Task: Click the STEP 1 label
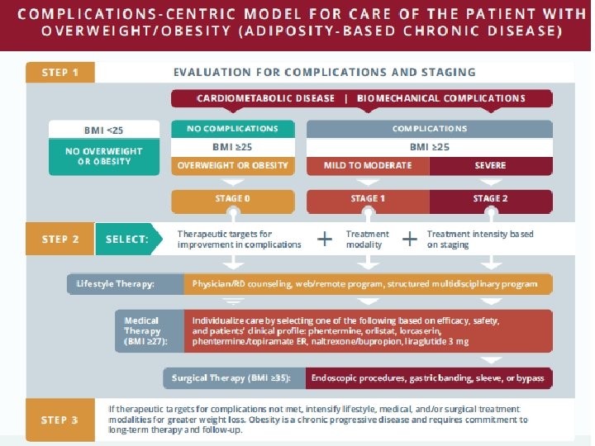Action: [55, 73]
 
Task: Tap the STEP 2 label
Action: [60, 239]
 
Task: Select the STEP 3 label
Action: [60, 420]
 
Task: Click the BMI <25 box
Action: [104, 129]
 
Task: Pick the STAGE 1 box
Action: [368, 199]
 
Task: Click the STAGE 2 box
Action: [490, 199]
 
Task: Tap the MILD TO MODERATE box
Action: [368, 165]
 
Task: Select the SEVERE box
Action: [490, 165]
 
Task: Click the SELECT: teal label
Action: [127, 239]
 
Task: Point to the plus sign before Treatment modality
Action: [326, 239]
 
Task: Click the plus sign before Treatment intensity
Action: [408, 239]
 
